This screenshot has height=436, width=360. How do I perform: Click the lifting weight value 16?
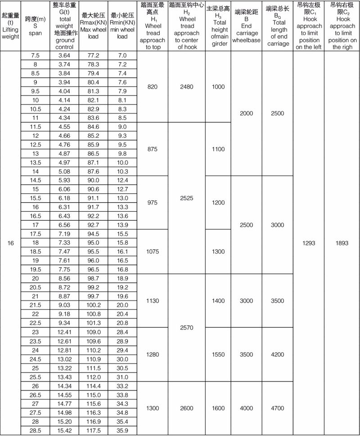(x=11, y=243)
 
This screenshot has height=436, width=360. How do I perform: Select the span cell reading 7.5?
(x=35, y=55)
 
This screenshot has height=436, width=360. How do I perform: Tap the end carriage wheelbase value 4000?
(x=246, y=408)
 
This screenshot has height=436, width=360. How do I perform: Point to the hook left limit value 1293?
(x=309, y=243)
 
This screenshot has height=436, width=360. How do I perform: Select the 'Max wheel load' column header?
(x=93, y=26)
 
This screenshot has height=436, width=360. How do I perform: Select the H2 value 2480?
(x=187, y=86)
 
